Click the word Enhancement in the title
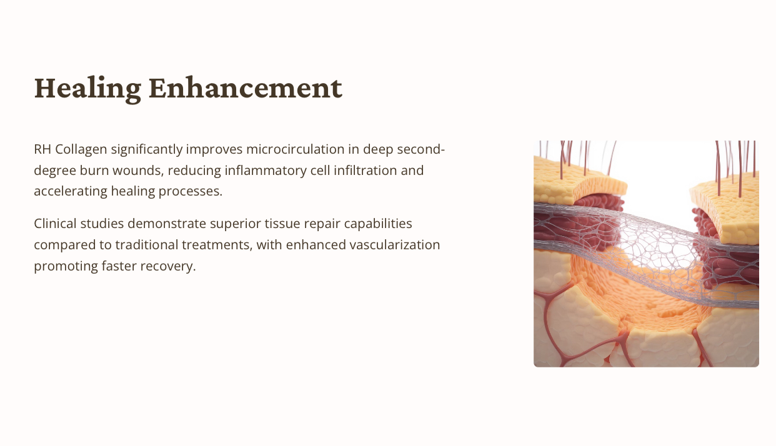tap(246, 88)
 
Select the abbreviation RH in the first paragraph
tap(42, 149)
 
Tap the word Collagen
tap(81, 150)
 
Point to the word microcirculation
tap(296, 149)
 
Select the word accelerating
tap(71, 192)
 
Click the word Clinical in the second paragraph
tap(55, 224)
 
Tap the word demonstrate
tap(167, 224)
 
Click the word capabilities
tap(378, 224)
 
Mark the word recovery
tap(168, 267)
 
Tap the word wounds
tap(138, 171)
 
